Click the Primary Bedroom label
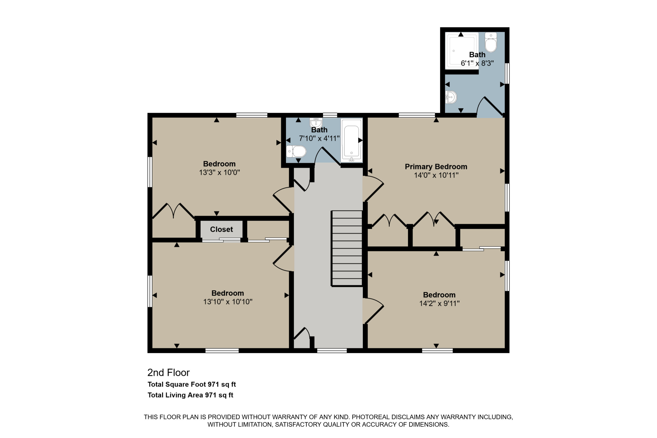[x=436, y=167]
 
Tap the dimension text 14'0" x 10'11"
[x=436, y=175]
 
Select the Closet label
[x=221, y=229]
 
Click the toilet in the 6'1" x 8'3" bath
[x=491, y=42]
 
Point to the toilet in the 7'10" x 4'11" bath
[x=296, y=151]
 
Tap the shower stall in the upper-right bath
[x=461, y=51]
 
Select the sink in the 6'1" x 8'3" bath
[x=451, y=97]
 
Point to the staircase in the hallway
[x=347, y=248]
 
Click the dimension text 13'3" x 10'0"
[x=219, y=172]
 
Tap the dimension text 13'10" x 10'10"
[x=228, y=302]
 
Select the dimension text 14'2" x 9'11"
[x=439, y=303]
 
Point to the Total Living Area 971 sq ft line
[x=190, y=395]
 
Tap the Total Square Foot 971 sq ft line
[x=192, y=384]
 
